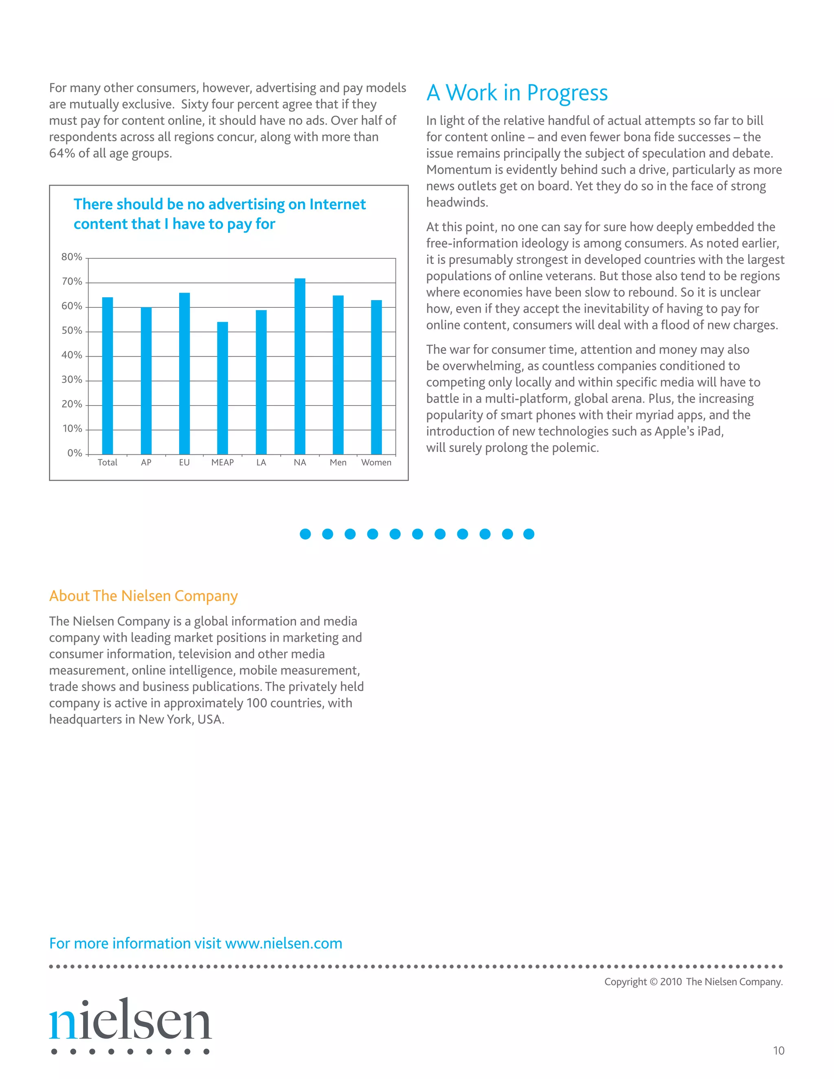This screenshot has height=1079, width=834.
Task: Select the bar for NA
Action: pyautogui.click(x=300, y=366)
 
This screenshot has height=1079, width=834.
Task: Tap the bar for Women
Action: pyautogui.click(x=377, y=377)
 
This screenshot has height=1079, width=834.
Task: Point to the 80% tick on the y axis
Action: pyautogui.click(x=72, y=257)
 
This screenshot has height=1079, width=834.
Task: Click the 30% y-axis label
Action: pyautogui.click(x=72, y=379)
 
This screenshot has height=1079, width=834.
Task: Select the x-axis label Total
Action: pyautogui.click(x=107, y=463)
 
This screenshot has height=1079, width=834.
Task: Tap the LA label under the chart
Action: pyautogui.click(x=261, y=463)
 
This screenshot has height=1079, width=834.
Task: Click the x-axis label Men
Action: pyautogui.click(x=338, y=463)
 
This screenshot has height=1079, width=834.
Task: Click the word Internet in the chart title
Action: pyautogui.click(x=338, y=204)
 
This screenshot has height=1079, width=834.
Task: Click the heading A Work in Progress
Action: pyautogui.click(x=517, y=93)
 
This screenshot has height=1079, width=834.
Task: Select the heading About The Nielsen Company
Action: pyautogui.click(x=143, y=596)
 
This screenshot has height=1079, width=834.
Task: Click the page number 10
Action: pyautogui.click(x=778, y=1050)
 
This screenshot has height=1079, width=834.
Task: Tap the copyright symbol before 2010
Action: pyautogui.click(x=654, y=982)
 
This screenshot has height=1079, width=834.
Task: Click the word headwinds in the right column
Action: pyautogui.click(x=457, y=202)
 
